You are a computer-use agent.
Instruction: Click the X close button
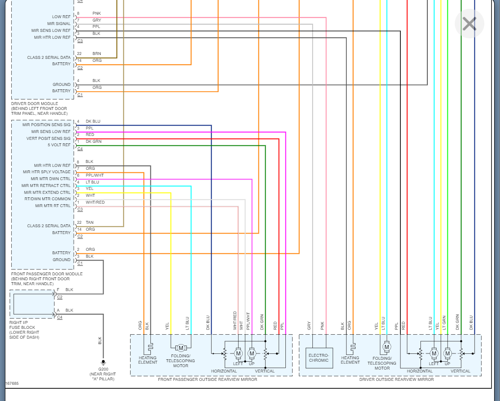click(x=469, y=23)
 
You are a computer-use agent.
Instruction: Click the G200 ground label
click(x=103, y=369)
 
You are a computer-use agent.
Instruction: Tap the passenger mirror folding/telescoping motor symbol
click(x=180, y=348)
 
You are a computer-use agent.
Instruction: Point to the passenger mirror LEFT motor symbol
click(x=238, y=353)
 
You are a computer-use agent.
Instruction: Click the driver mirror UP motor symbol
click(x=447, y=353)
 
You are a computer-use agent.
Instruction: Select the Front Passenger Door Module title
click(x=47, y=274)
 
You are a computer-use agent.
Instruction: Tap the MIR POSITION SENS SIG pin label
click(x=46, y=125)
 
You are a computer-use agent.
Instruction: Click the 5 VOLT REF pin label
click(x=59, y=145)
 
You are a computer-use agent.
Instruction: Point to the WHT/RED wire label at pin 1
click(x=95, y=202)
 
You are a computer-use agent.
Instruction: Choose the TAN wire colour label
click(x=89, y=222)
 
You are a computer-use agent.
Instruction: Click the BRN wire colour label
click(x=97, y=53)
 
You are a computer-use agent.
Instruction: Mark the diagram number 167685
click(x=12, y=383)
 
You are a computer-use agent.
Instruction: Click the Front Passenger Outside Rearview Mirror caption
click(x=207, y=379)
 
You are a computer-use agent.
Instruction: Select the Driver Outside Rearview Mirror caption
click(x=396, y=379)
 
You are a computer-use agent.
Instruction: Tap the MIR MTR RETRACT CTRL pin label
click(x=46, y=186)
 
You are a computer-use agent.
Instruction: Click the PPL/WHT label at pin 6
click(x=95, y=175)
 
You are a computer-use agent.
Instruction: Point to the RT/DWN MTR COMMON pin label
click(x=48, y=199)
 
